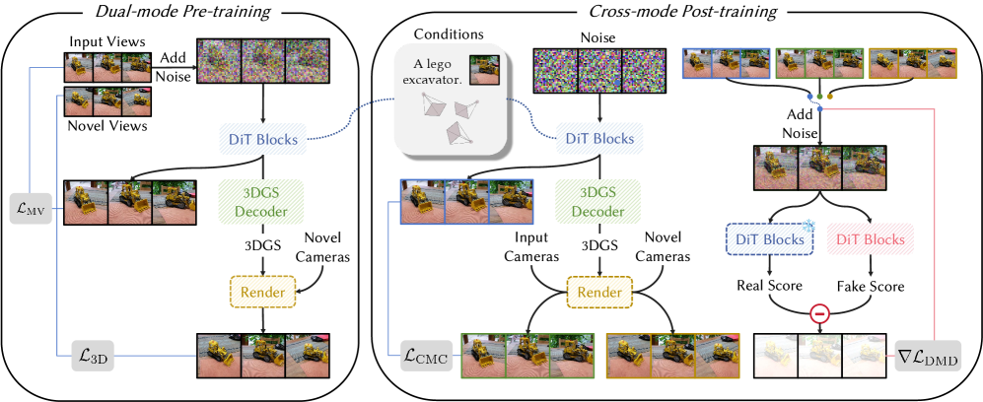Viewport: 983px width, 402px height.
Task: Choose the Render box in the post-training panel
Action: coord(599,291)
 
